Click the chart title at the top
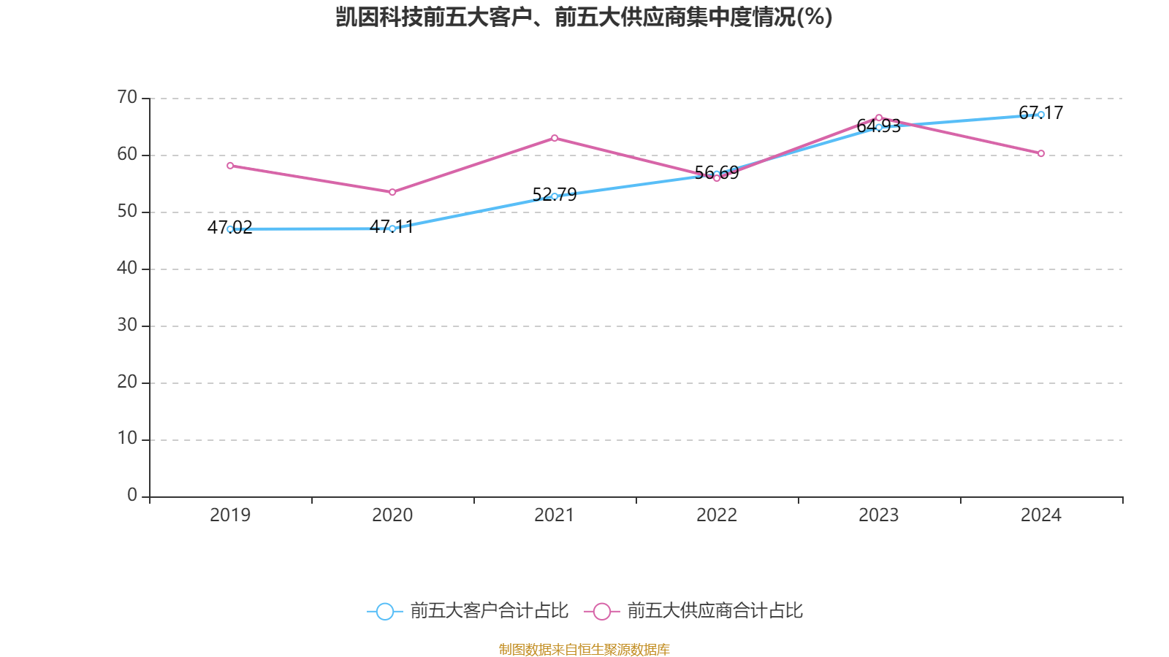click(584, 17)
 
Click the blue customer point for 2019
click(230, 229)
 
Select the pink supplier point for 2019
click(230, 166)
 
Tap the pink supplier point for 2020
click(392, 192)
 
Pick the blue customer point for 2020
click(392, 228)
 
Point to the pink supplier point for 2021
click(555, 138)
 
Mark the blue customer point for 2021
click(555, 196)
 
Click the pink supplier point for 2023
click(879, 118)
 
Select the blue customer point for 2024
click(1041, 115)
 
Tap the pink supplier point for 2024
click(1041, 153)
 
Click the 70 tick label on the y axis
click(127, 97)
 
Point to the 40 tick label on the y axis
click(127, 268)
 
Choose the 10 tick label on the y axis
click(127, 439)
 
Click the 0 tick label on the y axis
click(132, 496)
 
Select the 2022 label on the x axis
click(717, 515)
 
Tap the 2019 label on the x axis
click(230, 515)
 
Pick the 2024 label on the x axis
click(1041, 515)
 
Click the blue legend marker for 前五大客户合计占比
click(384, 611)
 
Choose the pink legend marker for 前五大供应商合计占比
click(601, 611)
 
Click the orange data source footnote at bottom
click(584, 649)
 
